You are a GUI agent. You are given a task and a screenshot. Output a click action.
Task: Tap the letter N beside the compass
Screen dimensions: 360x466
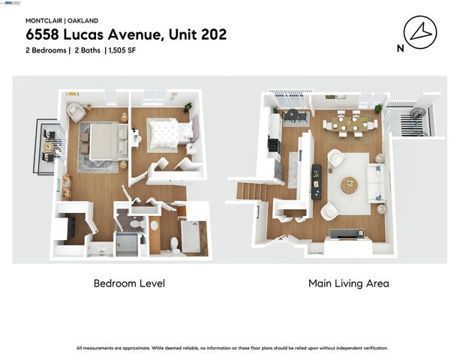tap(398, 49)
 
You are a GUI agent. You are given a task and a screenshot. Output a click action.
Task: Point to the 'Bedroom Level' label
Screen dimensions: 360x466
tap(129, 283)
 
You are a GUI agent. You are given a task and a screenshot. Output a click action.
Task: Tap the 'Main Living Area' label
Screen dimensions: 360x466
tap(348, 283)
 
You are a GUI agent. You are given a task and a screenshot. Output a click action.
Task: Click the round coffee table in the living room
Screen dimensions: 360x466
tap(350, 184)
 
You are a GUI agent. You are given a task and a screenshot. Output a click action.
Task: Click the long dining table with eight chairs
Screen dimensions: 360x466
tap(350, 123)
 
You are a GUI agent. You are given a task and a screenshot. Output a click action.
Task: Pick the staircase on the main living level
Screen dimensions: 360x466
tap(248, 191)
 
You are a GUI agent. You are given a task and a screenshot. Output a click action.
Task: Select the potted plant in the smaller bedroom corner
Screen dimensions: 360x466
tap(188, 106)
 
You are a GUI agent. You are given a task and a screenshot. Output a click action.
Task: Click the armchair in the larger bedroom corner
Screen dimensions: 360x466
tap(75, 112)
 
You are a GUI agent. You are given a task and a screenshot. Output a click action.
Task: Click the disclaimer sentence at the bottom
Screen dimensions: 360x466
tap(233, 348)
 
